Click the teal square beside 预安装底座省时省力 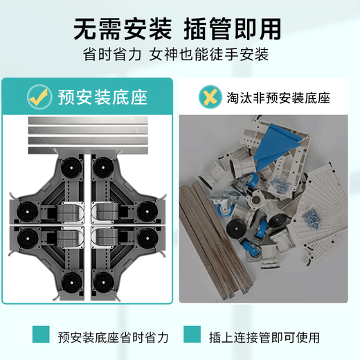(x=42, y=337)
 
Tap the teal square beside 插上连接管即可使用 (x=195, y=337)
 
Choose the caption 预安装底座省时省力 (x=113, y=337)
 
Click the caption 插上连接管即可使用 (x=265, y=337)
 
